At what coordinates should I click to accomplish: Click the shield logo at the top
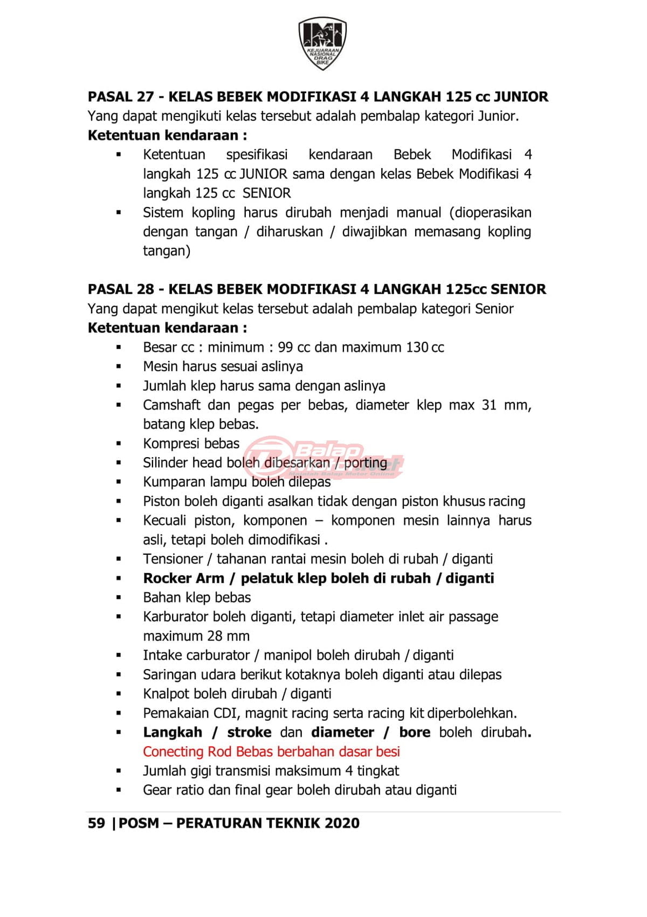pyautogui.click(x=322, y=43)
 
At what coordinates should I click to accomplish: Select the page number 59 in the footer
pyautogui.click(x=96, y=823)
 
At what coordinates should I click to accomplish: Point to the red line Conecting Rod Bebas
pyautogui.click(x=271, y=751)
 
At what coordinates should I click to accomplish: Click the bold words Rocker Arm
pyautogui.click(x=183, y=578)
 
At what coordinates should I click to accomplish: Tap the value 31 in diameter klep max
pyautogui.click(x=489, y=405)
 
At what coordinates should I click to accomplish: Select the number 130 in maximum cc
pyautogui.click(x=417, y=347)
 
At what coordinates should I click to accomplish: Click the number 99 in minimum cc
pyautogui.click(x=286, y=347)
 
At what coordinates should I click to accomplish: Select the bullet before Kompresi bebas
pyautogui.click(x=119, y=444)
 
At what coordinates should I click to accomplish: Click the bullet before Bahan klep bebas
pyautogui.click(x=119, y=597)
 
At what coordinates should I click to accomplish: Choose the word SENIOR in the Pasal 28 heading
pyautogui.click(x=518, y=289)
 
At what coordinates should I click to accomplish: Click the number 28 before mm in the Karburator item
pyautogui.click(x=215, y=636)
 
